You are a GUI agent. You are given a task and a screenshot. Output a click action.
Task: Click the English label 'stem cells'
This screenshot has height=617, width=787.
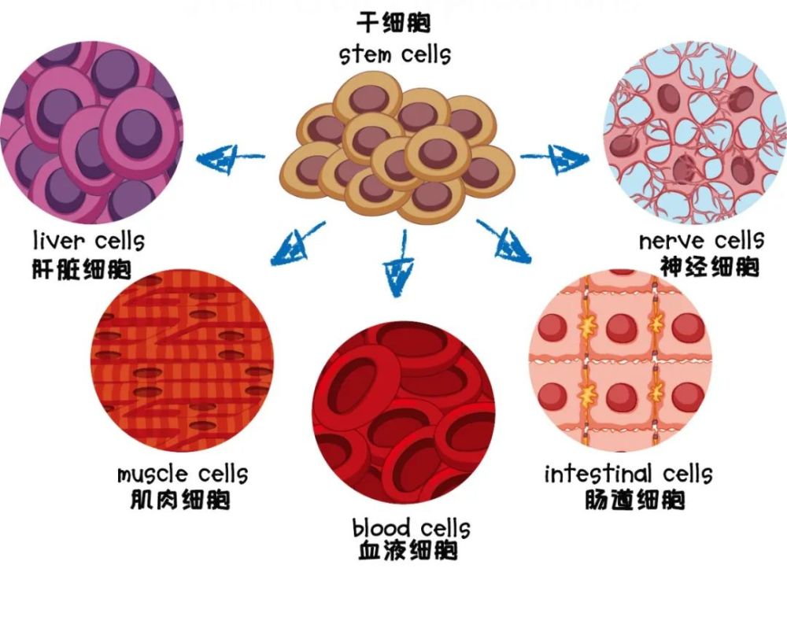(395, 55)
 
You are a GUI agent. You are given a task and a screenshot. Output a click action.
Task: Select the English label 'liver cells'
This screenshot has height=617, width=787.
(88, 239)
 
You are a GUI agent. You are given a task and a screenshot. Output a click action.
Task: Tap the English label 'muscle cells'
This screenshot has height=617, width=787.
(183, 475)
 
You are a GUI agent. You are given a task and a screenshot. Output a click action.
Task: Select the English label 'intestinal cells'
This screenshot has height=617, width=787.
(628, 474)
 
